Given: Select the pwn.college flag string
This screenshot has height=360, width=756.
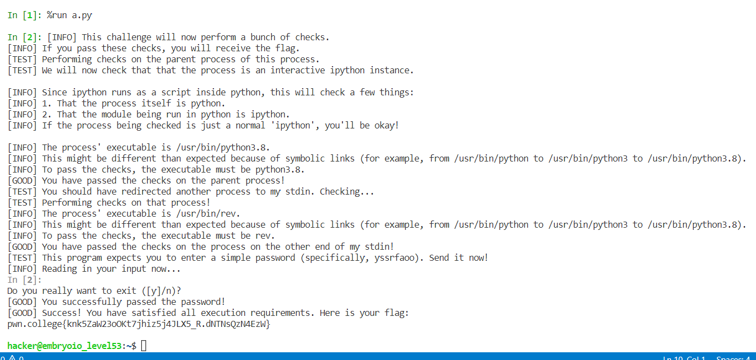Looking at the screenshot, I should point(138,324).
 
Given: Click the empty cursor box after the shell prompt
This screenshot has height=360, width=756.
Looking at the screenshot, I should point(144,346).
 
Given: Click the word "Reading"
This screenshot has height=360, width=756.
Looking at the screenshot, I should point(59,269).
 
